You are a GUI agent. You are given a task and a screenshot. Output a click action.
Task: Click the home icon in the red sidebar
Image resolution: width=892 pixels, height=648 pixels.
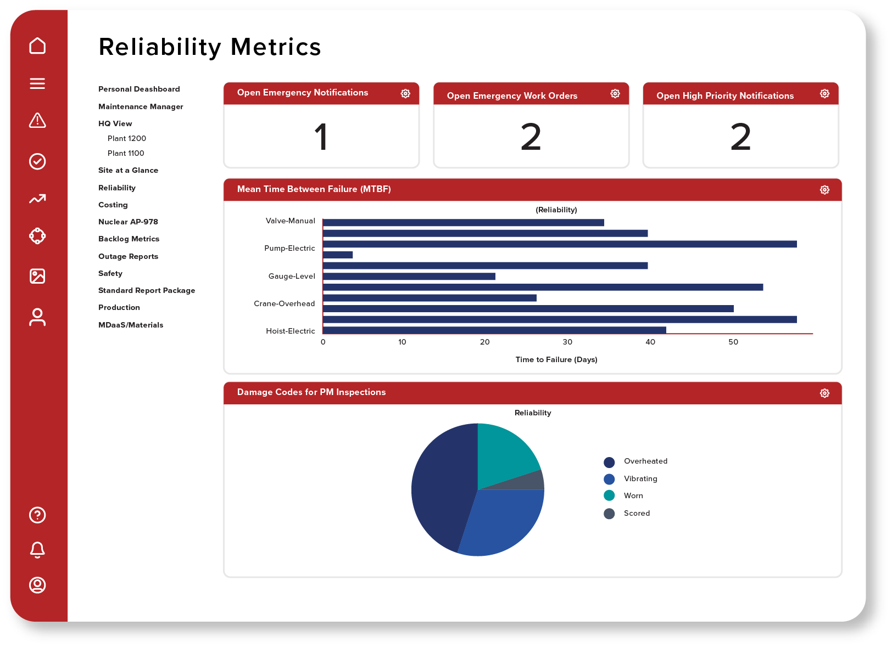(37, 46)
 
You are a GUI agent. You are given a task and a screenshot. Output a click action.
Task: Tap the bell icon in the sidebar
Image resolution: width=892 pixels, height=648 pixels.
(37, 550)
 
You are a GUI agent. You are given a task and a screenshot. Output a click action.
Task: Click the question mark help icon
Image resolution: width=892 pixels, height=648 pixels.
(37, 515)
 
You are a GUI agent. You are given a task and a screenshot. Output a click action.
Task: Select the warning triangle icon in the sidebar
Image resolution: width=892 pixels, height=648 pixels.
(37, 120)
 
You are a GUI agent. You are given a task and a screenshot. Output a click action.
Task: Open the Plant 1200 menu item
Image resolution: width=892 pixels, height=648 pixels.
(127, 138)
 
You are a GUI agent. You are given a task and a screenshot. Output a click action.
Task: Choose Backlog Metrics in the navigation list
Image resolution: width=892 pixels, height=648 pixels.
(129, 239)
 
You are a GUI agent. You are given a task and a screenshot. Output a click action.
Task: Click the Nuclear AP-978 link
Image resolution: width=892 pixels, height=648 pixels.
(128, 222)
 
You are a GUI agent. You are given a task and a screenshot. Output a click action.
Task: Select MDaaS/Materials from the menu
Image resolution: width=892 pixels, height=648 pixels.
(131, 325)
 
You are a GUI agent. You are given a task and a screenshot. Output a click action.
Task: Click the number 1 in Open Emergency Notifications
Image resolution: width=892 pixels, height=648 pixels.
(321, 137)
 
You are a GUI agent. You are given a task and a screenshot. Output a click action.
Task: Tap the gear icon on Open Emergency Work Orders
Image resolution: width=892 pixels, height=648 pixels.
(615, 94)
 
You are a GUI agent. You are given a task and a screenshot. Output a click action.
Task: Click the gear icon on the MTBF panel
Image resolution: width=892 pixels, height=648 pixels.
(824, 190)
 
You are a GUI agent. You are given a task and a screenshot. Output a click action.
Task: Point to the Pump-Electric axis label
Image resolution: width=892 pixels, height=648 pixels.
(289, 248)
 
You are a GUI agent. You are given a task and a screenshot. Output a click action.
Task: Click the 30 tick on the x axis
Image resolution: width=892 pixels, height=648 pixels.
(567, 342)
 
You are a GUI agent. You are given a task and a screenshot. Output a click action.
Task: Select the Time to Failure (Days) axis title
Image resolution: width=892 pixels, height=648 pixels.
(556, 359)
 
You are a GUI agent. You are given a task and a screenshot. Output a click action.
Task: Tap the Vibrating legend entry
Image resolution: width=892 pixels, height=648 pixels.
(640, 478)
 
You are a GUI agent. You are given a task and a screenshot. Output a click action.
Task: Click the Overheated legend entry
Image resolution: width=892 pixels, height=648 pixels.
(645, 461)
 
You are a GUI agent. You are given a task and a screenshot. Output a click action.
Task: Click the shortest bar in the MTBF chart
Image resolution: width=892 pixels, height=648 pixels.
(338, 255)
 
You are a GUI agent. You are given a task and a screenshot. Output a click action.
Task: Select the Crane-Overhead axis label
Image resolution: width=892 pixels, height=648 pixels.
(284, 303)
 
